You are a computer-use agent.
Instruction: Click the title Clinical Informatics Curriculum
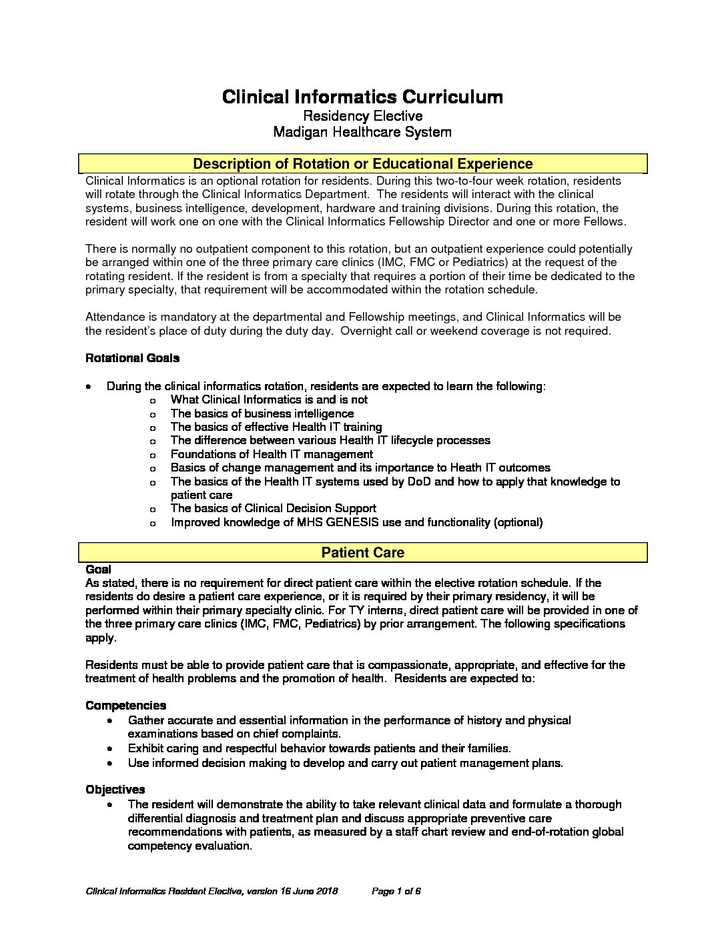362,97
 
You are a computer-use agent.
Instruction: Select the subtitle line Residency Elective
362,116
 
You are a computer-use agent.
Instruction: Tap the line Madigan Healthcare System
362,132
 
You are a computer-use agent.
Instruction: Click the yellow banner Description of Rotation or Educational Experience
362,164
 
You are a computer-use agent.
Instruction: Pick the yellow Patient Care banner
362,553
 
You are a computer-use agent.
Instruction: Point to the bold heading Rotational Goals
132,358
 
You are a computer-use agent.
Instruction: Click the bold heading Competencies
125,706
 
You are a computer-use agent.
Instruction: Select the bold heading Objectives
115,790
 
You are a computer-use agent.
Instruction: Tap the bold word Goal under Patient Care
98,570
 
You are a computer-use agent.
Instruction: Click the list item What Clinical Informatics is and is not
269,399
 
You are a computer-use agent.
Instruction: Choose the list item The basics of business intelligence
262,413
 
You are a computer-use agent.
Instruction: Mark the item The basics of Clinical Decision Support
273,508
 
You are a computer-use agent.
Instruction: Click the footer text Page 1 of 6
396,891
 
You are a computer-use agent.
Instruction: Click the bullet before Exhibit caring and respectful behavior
110,749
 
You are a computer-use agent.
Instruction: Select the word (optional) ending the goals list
518,522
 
